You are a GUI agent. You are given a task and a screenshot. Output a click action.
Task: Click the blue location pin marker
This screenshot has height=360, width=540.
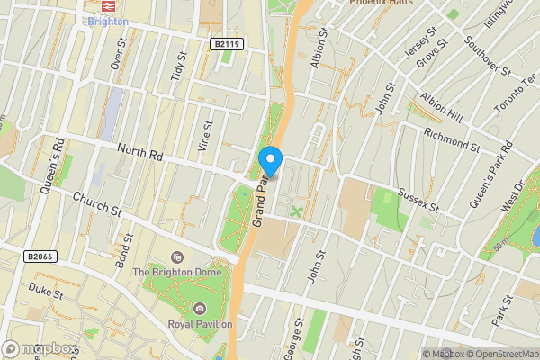[x=271, y=162]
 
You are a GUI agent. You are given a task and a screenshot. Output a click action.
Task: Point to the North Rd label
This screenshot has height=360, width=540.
[x=139, y=154]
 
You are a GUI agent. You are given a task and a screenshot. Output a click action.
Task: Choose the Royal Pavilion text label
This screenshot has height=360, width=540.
[x=200, y=324]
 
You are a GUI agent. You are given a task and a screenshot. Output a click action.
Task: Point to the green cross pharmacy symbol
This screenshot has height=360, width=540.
[x=295, y=211]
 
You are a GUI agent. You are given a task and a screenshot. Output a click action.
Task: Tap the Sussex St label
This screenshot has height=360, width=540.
[x=419, y=200]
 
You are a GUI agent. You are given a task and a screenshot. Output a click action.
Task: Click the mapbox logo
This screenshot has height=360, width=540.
[x=39, y=348]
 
